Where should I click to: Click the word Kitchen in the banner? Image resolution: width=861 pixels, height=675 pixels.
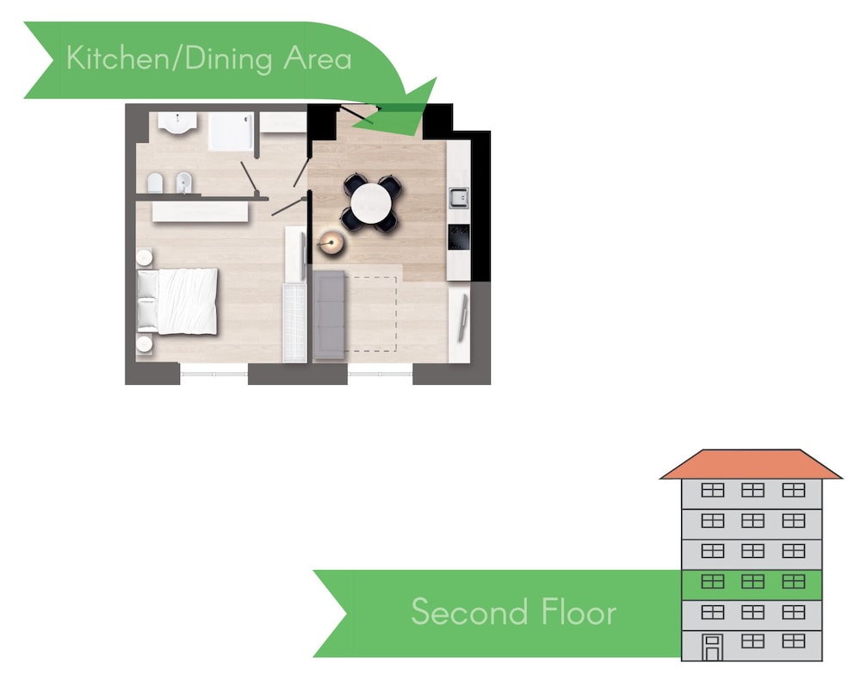point(119,58)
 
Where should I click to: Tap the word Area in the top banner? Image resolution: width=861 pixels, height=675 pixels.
point(318,59)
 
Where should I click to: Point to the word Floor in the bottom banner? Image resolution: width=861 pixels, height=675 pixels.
point(579,611)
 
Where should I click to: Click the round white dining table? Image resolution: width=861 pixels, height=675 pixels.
point(372,202)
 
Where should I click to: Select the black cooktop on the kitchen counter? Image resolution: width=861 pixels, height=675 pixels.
point(459,237)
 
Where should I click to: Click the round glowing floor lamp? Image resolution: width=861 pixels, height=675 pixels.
point(331,243)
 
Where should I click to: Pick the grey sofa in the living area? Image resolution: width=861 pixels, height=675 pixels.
point(329,315)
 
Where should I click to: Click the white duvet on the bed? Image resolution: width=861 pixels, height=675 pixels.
point(187,301)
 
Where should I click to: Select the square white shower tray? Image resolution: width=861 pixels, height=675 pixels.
point(231,131)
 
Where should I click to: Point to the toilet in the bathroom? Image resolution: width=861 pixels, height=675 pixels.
point(155,184)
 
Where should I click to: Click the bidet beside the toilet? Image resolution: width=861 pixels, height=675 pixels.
point(184,183)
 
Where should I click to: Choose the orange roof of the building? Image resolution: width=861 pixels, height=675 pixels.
point(751,465)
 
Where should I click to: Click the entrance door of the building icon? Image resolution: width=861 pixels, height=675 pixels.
point(712,647)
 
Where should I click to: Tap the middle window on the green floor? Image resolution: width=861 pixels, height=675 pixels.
point(753,581)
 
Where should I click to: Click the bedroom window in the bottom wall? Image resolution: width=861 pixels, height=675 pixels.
point(214,374)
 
